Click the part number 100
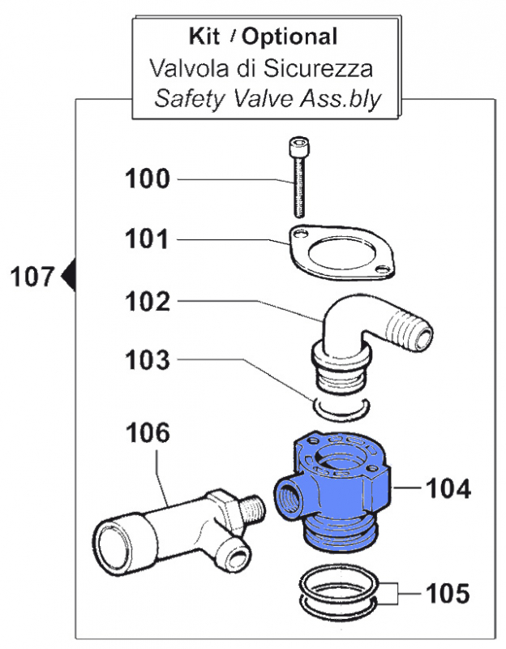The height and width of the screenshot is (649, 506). [148, 178]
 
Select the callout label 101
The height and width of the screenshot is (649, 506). [147, 239]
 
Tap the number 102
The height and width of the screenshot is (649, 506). [148, 301]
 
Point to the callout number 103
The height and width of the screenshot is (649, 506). [148, 359]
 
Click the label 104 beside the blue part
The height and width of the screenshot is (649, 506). [448, 488]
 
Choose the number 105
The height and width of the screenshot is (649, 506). [448, 594]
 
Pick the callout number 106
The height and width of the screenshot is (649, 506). [148, 433]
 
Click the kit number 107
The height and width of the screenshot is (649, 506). [32, 277]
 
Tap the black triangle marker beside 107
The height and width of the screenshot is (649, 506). [68, 275]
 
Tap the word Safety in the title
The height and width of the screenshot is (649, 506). [190, 100]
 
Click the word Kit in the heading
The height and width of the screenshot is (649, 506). [204, 37]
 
